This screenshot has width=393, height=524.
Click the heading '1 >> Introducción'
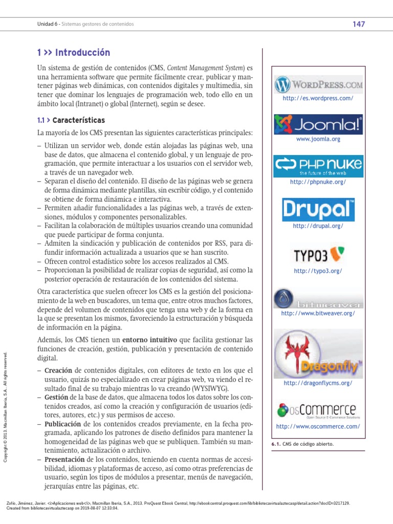coord(74,53)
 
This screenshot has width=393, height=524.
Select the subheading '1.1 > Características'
coord(71,120)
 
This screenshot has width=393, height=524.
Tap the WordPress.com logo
coord(318,83)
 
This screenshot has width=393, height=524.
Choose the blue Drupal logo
coord(318,209)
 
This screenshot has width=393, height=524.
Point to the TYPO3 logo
coord(318,255)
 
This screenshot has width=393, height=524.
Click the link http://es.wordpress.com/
coord(318,98)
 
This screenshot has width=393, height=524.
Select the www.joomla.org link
coord(318,139)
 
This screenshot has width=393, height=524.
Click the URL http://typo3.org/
coord(318,271)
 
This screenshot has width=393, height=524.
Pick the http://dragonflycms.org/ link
coord(318,383)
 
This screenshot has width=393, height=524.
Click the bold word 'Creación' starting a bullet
coord(58,370)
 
